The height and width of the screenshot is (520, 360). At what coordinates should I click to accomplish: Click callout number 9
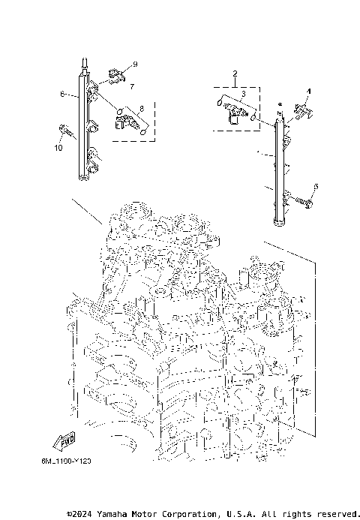click(135, 65)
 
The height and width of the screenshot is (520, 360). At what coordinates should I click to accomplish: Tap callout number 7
click(131, 87)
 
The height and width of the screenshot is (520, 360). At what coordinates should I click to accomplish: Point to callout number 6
click(63, 95)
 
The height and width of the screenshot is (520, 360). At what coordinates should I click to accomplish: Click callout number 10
click(58, 147)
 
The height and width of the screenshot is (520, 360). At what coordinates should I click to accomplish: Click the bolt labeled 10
click(66, 133)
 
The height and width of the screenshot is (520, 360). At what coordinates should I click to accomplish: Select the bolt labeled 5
click(306, 200)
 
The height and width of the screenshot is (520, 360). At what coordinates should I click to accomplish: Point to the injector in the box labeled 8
click(126, 119)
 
